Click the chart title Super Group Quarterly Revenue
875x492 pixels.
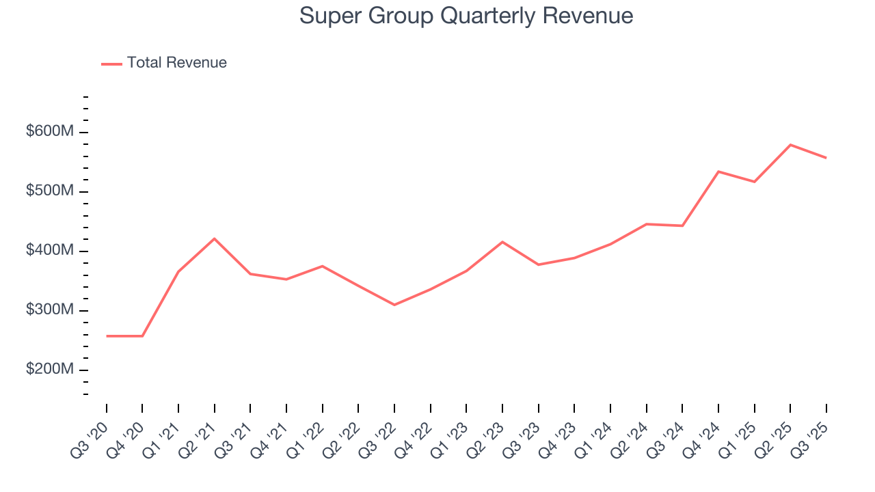[466, 16]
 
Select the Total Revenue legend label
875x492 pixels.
[176, 63]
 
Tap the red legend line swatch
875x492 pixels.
[111, 64]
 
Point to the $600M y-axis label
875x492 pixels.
[49, 131]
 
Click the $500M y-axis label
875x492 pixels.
[49, 191]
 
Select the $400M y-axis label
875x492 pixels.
[49, 251]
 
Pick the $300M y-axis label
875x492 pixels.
[49, 310]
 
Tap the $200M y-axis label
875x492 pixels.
[49, 370]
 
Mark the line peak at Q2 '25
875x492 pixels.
[790, 145]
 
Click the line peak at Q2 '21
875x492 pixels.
[215, 238]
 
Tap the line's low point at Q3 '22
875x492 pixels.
[394, 305]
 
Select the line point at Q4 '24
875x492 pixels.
[718, 172]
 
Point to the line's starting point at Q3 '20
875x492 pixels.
[107, 336]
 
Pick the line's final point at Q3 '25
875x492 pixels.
[826, 158]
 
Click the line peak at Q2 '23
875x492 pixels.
[502, 242]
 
